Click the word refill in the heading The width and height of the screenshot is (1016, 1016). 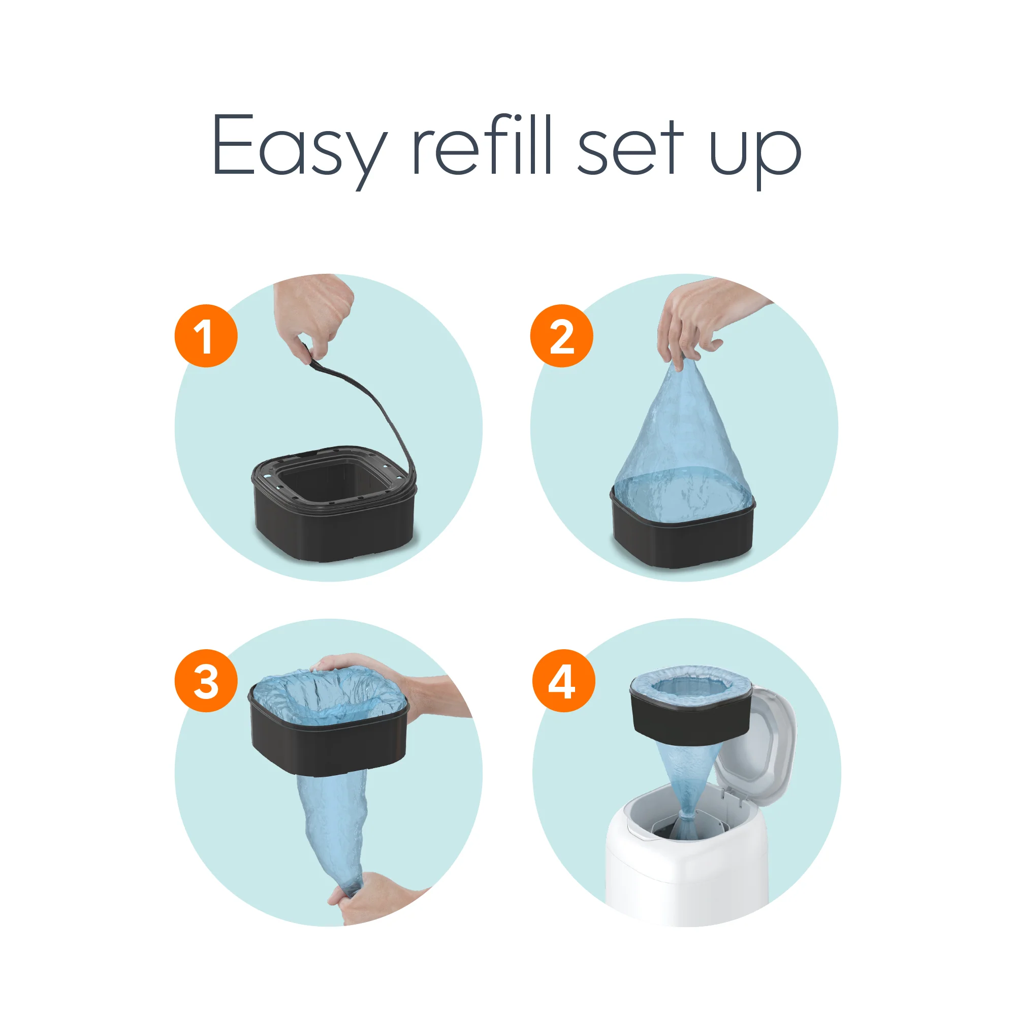pyautogui.click(x=481, y=145)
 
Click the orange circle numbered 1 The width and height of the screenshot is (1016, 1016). pyautogui.click(x=206, y=336)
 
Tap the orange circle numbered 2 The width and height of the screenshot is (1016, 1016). pyautogui.click(x=561, y=336)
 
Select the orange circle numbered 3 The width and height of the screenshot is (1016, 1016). pyautogui.click(x=206, y=681)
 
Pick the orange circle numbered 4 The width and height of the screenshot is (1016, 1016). pyautogui.click(x=563, y=681)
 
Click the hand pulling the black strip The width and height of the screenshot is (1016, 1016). pyautogui.click(x=315, y=310)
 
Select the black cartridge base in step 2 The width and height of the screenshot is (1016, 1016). pyautogui.click(x=683, y=542)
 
